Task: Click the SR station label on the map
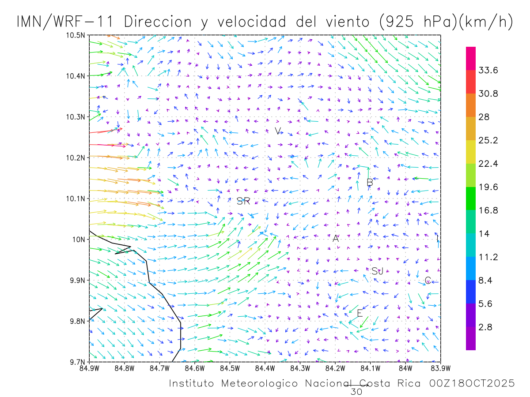[243, 202]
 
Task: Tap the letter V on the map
[278, 131]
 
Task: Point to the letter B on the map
[370, 183]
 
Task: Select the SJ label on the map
[377, 271]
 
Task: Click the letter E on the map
[360, 314]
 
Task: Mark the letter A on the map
[336, 239]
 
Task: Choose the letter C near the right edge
[428, 281]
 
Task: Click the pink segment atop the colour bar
[471, 58]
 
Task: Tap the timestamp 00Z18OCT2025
[472, 384]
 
